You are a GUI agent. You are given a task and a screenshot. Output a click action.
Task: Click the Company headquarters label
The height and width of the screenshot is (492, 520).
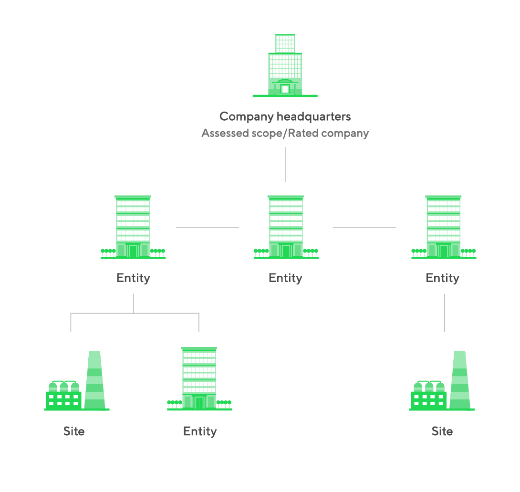285,117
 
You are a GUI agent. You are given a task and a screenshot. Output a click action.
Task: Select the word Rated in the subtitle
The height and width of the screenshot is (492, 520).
303,133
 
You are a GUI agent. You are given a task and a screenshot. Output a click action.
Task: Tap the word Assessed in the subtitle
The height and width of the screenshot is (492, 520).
226,133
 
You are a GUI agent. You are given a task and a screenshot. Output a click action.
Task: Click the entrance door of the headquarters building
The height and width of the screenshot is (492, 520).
285,89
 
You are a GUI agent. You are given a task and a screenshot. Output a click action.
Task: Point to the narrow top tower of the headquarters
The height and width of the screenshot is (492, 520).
285,43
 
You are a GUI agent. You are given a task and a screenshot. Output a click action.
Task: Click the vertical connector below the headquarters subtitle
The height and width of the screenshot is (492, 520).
285,165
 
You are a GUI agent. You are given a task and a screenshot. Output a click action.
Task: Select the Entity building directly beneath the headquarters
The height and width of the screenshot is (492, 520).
286,227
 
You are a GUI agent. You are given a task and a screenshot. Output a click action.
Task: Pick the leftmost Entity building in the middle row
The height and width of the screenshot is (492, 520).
133,227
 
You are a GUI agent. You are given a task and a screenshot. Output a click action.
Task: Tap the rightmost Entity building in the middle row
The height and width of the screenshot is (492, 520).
444,227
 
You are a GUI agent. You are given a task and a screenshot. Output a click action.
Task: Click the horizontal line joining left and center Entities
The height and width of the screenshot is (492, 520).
207,228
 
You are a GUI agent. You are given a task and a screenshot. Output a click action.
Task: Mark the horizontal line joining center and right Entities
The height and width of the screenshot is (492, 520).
364,228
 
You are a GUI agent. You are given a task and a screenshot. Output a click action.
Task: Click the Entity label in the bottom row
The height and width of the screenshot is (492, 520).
200,431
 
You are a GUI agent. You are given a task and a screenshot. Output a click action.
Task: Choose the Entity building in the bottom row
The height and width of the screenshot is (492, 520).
199,378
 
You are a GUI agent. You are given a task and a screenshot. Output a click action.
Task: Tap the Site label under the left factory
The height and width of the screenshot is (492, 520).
74,431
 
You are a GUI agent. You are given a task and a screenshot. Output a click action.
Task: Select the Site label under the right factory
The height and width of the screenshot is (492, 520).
442,431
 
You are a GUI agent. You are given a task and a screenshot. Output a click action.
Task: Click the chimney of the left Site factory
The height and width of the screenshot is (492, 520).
95,380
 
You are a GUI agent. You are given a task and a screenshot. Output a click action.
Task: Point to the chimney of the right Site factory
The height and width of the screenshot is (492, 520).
459,380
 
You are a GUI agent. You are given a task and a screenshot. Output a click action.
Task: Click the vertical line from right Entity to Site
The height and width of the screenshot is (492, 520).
445,313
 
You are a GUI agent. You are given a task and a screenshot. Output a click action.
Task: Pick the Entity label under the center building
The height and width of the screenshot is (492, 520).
286,278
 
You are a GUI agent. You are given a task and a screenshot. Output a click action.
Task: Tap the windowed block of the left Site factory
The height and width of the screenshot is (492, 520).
63,400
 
